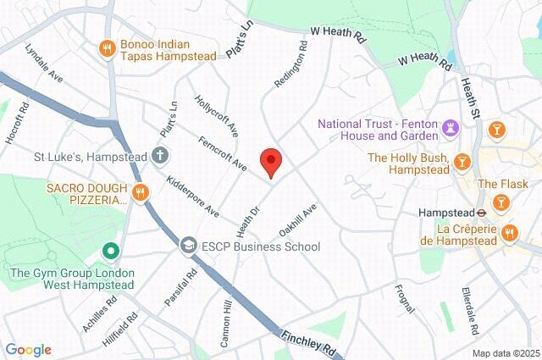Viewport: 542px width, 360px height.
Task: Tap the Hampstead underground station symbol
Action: (480, 213)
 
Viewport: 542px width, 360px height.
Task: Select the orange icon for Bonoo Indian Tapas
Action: (108, 48)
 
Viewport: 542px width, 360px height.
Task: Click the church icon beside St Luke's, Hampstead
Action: (159, 156)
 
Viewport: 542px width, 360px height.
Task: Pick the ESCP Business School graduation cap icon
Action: (187, 246)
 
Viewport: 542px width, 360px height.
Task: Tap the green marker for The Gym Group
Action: (108, 251)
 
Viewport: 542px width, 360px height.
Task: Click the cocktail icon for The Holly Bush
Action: (462, 162)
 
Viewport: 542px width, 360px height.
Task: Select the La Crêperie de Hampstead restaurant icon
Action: (510, 231)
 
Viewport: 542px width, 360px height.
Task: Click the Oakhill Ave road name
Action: (297, 220)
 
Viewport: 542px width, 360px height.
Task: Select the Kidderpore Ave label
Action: (193, 196)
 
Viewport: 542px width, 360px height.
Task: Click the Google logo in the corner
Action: (28, 350)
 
